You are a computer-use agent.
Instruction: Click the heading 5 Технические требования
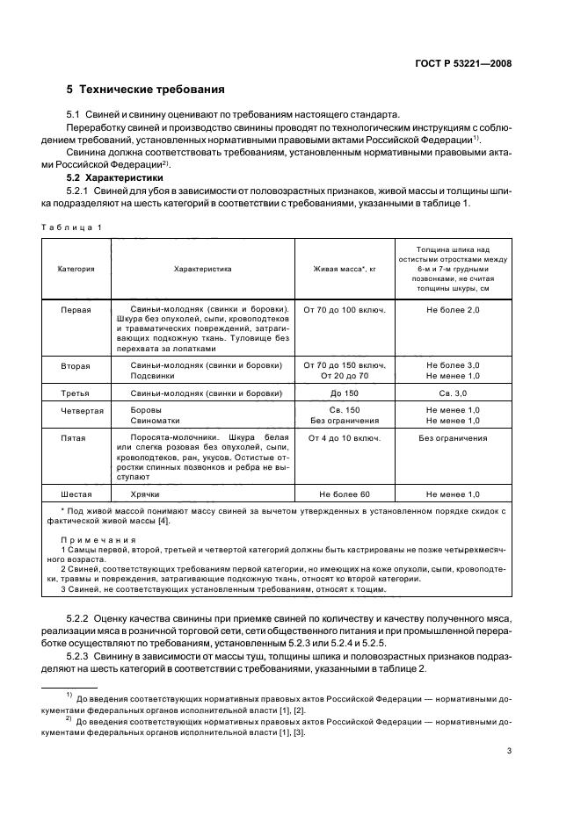coord(145,90)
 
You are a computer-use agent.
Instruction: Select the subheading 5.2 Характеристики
coord(105,177)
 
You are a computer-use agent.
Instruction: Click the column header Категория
coord(76,269)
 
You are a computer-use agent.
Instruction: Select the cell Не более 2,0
coord(453,310)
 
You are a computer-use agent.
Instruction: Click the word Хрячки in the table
coord(144,494)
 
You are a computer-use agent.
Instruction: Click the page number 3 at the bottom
coord(509,751)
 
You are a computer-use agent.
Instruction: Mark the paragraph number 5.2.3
coord(81,657)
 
